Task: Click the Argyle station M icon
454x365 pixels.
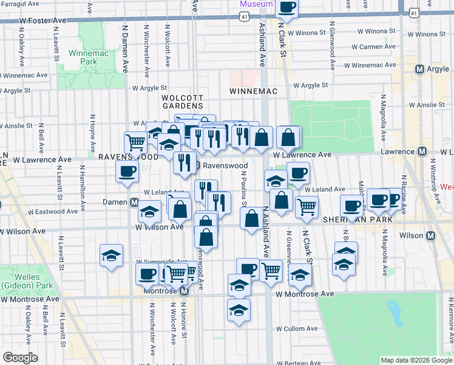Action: pyautogui.click(x=419, y=69)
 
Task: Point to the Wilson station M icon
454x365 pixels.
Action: pyautogui.click(x=431, y=236)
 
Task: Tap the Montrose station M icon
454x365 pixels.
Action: pyautogui.click(x=185, y=291)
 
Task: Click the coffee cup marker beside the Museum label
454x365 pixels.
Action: pyautogui.click(x=287, y=7)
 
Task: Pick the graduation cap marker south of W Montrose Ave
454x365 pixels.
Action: pyautogui.click(x=239, y=310)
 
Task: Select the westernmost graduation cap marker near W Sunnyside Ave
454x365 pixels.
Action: pyautogui.click(x=112, y=255)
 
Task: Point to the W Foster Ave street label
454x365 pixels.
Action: pyautogui.click(x=43, y=20)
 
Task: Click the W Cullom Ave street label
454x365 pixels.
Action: pyautogui.click(x=297, y=328)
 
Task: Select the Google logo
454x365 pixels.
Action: pyautogui.click(x=21, y=358)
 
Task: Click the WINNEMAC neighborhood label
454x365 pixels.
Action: pyautogui.click(x=253, y=91)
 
